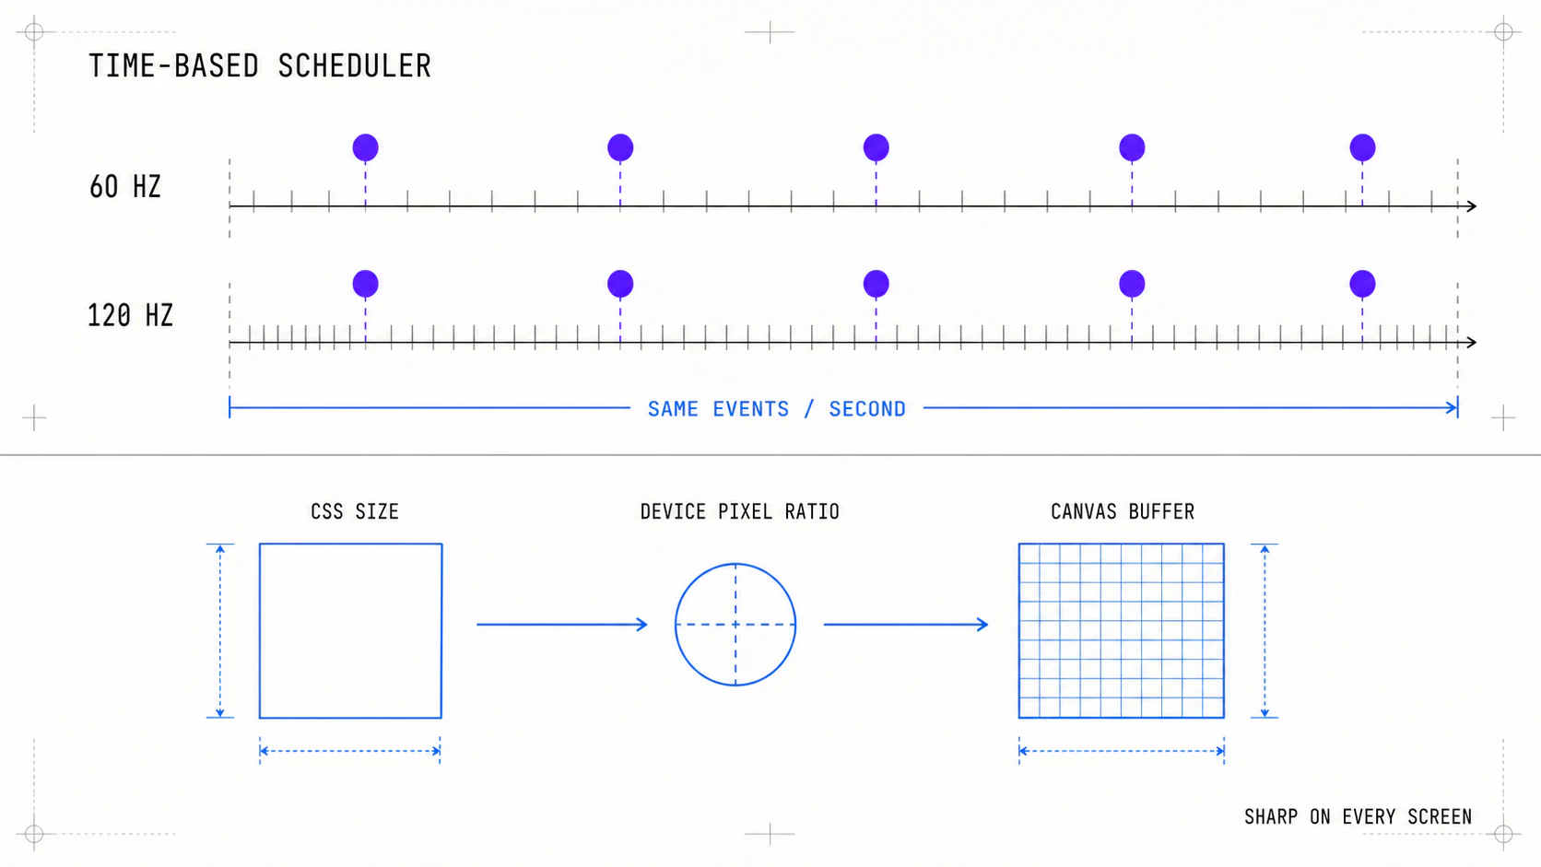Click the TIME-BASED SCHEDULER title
coord(259,66)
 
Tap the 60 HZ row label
coord(124,187)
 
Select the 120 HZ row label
coord(130,316)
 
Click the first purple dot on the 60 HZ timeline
coord(365,147)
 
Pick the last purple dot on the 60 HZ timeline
coord(1362,147)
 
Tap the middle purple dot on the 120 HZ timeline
coord(876,284)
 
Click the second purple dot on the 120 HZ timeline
coord(620,284)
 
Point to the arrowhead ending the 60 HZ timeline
coord(1472,205)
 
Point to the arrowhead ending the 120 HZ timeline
coord(1472,342)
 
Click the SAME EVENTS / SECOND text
coord(777,409)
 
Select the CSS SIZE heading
coord(355,511)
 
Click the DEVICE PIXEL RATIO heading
coord(739,511)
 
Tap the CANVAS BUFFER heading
coord(1122,511)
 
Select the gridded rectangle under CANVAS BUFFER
coord(1122,630)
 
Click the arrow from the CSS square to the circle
coord(562,625)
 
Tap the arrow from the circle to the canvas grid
coord(906,625)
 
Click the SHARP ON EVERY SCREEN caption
coord(1358,817)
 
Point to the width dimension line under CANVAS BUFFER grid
coord(1122,751)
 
